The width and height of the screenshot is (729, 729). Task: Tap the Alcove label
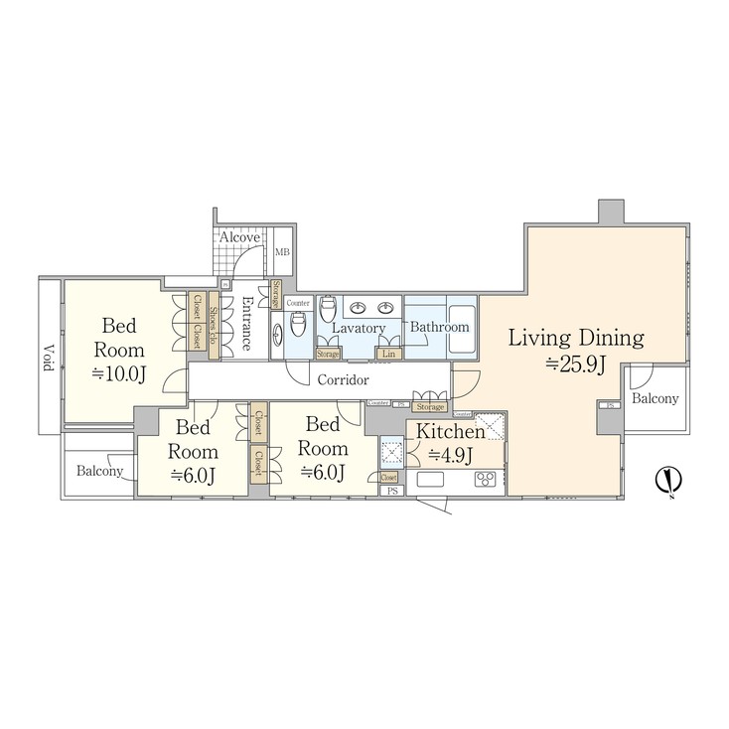point(239,237)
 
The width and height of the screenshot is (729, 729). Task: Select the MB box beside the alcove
point(281,253)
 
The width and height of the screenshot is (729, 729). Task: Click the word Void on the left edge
point(48,359)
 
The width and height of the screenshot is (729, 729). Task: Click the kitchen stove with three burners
point(486,480)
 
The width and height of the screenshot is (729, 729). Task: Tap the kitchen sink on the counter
point(431,480)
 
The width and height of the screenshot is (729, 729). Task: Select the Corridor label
point(343,379)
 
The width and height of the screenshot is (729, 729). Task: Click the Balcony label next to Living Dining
point(656,399)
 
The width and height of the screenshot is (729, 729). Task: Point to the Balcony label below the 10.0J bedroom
point(100,471)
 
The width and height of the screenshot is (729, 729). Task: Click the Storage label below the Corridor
point(430,406)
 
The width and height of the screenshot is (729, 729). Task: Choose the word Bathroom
point(439,327)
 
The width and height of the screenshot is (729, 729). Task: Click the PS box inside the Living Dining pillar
point(610,405)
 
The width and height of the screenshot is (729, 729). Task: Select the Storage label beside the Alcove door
point(276,295)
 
